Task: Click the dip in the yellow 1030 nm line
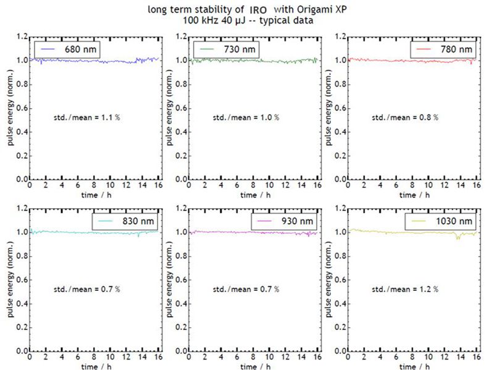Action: tap(458, 238)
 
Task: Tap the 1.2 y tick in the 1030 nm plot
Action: tap(338, 209)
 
